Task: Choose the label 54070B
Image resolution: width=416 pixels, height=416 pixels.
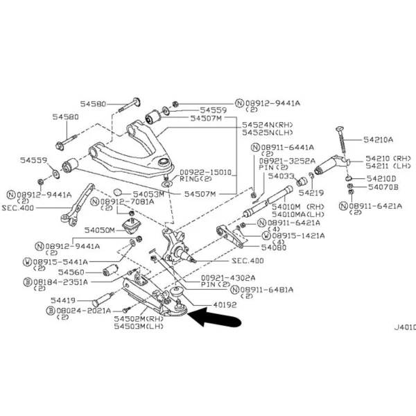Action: pyautogui.click(x=383, y=187)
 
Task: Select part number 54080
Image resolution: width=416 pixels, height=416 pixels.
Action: pyautogui.click(x=275, y=246)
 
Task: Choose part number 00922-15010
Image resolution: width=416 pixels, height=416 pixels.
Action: pyautogui.click(x=205, y=171)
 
